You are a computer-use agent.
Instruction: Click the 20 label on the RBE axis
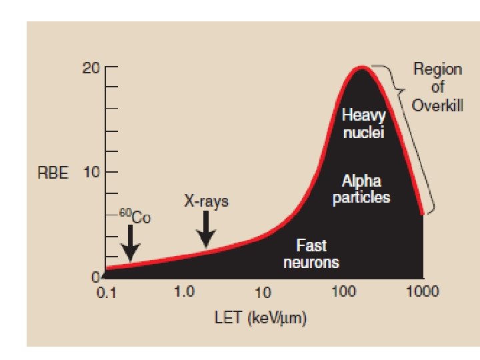(91, 68)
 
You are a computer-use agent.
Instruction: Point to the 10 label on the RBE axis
(91, 172)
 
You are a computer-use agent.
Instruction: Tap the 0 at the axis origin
(95, 277)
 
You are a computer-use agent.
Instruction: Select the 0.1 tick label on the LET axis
(106, 293)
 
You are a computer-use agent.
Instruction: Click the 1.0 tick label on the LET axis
(184, 291)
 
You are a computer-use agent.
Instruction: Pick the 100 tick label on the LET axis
(343, 291)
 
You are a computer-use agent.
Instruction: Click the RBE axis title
(53, 173)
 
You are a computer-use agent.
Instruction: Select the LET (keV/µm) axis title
(261, 318)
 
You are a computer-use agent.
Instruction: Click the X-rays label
(206, 201)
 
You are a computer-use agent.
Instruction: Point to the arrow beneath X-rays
(206, 229)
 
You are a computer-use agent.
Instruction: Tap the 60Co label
(135, 217)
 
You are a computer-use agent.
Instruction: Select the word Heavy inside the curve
(364, 115)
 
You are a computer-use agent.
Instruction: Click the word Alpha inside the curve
(361, 181)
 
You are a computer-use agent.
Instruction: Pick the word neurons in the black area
(311, 263)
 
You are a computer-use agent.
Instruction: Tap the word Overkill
(437, 105)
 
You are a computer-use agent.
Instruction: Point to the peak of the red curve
(362, 67)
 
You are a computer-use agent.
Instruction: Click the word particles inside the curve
(361, 198)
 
